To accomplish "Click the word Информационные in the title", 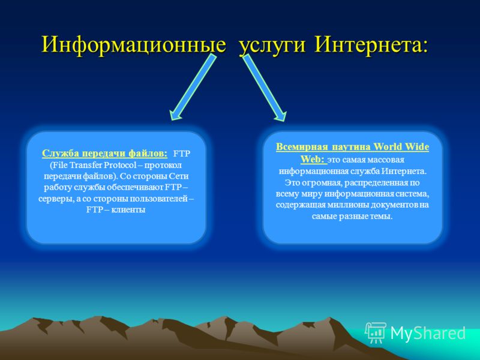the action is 134,44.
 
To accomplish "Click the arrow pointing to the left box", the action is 193,87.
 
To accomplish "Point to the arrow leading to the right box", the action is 265,88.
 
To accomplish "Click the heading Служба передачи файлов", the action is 104,153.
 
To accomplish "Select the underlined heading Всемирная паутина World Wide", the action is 352,147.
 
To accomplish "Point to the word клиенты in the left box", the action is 128,210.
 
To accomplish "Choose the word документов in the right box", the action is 395,205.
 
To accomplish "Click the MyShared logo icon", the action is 376,333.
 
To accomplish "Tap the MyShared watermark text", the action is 428,334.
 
